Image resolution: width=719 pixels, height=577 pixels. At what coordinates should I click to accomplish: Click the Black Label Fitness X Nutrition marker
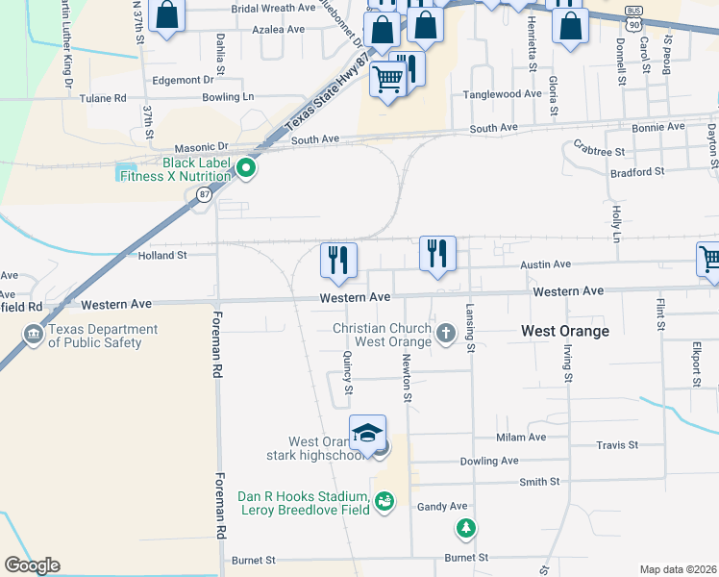(246, 168)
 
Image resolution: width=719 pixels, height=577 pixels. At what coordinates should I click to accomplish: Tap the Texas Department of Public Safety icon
(34, 335)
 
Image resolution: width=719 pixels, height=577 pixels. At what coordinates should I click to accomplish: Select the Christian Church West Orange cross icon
(445, 334)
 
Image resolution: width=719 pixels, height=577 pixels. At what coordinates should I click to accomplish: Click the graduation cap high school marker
(367, 435)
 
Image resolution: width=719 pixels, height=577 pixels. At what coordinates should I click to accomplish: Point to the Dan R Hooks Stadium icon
(384, 501)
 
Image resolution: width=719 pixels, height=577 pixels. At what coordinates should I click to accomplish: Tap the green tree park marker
(465, 528)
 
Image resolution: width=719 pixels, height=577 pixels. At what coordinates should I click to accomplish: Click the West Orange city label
(565, 331)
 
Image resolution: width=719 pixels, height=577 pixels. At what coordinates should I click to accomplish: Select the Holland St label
(161, 256)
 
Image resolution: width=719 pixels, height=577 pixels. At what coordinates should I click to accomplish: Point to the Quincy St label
(348, 371)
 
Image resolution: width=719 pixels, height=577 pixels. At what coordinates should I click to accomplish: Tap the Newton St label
(408, 377)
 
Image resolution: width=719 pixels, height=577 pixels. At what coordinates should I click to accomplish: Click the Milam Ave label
(521, 438)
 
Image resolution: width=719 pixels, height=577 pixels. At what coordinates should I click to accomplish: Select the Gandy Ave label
(442, 506)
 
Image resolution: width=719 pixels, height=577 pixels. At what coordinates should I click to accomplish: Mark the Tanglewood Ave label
(503, 94)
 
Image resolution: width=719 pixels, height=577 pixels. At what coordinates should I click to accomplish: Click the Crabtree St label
(599, 152)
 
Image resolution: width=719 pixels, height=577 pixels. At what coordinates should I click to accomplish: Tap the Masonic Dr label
(209, 146)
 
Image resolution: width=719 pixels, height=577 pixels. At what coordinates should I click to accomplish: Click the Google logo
(32, 565)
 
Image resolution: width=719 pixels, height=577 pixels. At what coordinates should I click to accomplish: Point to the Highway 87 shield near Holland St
(203, 195)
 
